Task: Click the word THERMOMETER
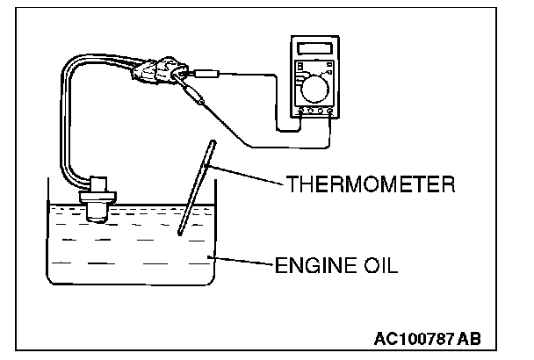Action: tap(370, 185)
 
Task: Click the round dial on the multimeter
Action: tap(314, 87)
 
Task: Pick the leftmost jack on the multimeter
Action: tap(301, 112)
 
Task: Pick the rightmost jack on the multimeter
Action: tap(329, 112)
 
